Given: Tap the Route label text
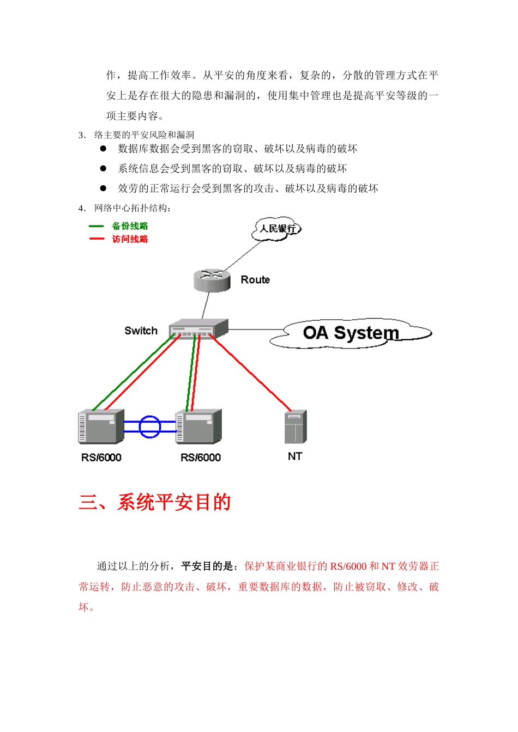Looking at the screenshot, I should [255, 280].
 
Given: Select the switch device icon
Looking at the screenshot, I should [198, 328].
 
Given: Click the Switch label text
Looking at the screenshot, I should [141, 331].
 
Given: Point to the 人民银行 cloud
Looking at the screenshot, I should [277, 229].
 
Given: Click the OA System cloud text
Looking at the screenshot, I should [351, 332].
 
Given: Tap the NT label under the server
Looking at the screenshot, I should [295, 456].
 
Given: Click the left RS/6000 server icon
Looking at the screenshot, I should [101, 426].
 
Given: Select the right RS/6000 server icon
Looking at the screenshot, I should [199, 426].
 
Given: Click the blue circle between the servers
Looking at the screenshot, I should [149, 426].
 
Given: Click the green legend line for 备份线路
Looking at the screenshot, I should [97, 226].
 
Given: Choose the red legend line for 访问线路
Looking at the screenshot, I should [97, 239].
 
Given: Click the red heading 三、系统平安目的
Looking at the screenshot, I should [155, 502].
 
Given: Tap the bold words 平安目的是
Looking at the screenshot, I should [207, 566].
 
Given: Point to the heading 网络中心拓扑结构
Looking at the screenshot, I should [132, 208].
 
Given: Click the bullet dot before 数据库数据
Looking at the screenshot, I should [103, 148].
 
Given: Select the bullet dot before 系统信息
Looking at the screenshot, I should [103, 168].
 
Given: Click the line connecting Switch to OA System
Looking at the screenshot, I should [255, 330].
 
